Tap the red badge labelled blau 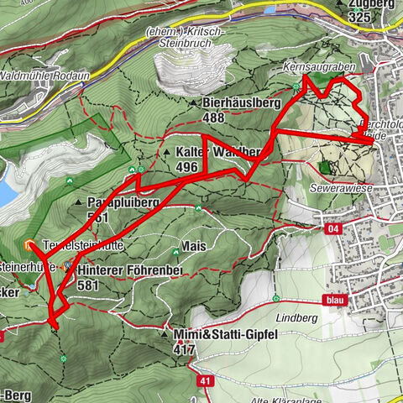coord(331,298)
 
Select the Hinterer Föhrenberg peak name coord(128,271)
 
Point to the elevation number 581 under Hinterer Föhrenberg coord(87,285)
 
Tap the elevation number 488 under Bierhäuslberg coord(213,118)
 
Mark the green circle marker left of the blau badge coord(276,298)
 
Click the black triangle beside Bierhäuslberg coord(192,102)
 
